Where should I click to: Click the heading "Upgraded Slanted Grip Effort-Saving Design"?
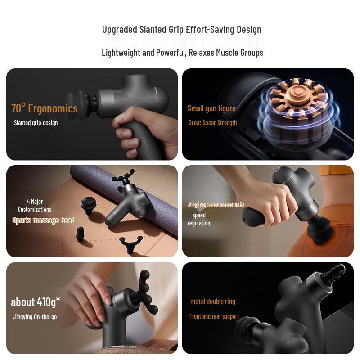click(x=182, y=30)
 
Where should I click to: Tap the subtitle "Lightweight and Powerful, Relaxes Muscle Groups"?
click(x=182, y=53)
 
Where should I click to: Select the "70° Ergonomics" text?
click(x=44, y=108)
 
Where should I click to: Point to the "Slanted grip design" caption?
click(x=36, y=123)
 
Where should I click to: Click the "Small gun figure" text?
click(x=211, y=108)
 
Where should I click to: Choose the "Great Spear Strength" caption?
click(x=212, y=123)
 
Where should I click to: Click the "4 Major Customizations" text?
click(x=35, y=206)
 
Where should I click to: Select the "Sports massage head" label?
click(x=44, y=220)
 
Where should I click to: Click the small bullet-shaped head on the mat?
click(x=81, y=234)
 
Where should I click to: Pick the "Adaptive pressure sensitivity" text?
click(x=216, y=205)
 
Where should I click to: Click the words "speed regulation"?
click(x=199, y=219)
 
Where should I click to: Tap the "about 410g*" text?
click(x=36, y=301)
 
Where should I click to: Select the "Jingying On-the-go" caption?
click(x=35, y=317)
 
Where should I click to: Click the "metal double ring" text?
click(x=213, y=301)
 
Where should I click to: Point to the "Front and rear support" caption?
click(x=214, y=316)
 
